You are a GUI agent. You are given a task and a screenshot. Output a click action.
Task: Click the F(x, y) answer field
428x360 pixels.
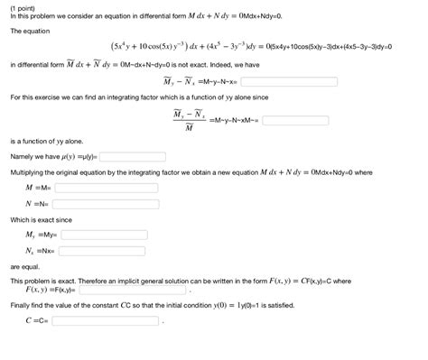point(133,291)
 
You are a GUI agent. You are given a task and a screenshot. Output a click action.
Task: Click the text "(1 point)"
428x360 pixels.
point(24,7)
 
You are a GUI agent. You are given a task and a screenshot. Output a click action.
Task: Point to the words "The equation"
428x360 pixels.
point(30,31)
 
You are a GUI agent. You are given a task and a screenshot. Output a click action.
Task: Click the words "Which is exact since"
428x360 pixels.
point(41,219)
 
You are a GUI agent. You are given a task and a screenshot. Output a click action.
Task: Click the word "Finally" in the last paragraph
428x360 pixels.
point(23,305)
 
